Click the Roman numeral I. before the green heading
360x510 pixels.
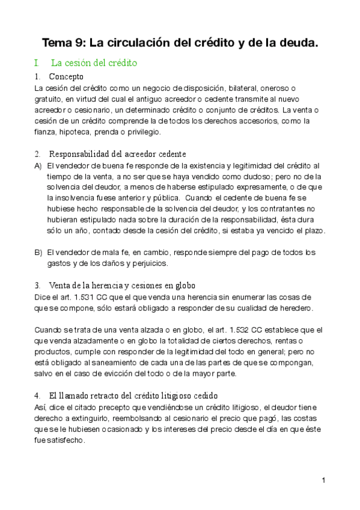(x=37, y=63)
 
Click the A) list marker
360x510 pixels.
(x=38, y=165)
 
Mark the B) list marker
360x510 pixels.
(x=38, y=252)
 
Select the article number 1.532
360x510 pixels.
(x=234, y=330)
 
